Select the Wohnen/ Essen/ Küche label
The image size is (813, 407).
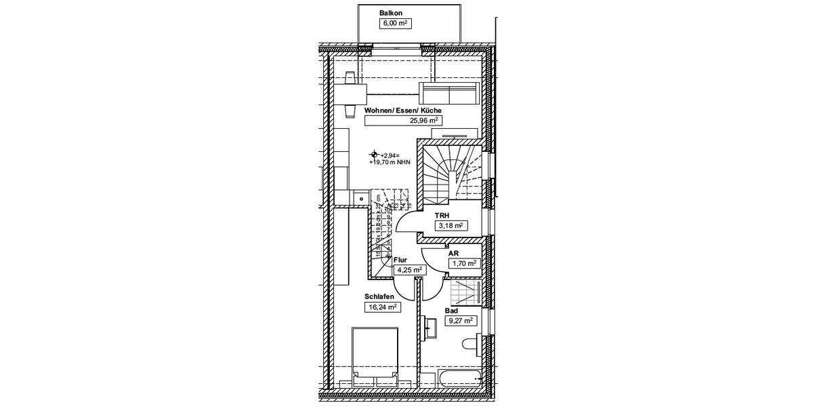(x=403, y=110)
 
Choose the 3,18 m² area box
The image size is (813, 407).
(x=449, y=226)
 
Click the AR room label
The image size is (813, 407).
(x=453, y=253)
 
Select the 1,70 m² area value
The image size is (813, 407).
(x=464, y=263)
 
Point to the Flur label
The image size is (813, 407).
(x=400, y=259)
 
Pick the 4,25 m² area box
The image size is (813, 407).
(x=409, y=269)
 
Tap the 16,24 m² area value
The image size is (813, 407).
(x=382, y=307)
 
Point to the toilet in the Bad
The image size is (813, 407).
(x=472, y=345)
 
